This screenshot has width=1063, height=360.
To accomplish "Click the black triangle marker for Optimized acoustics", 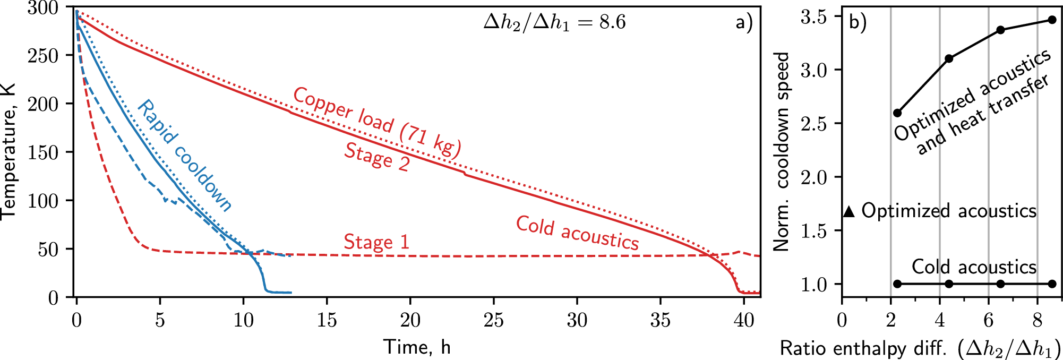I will [849, 211].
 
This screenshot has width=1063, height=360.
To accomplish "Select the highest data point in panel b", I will [1052, 20].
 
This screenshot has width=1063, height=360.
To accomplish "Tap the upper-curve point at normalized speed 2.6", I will [897, 113].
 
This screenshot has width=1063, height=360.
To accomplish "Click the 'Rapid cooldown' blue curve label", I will [184, 156].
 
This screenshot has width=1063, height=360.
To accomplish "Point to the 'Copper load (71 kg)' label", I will [377, 123].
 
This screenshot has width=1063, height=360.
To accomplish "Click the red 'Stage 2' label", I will [377, 157].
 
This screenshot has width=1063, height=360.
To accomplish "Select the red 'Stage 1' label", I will [376, 242].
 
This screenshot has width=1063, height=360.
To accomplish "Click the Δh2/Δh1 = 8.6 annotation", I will [554, 23].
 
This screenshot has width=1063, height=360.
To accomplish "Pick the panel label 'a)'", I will [744, 22].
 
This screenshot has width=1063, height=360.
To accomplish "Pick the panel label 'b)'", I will [858, 22].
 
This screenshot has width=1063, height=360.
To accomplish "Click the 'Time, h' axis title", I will [417, 347].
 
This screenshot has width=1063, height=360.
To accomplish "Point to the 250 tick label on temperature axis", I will [42, 56].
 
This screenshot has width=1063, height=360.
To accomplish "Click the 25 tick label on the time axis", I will [493, 320].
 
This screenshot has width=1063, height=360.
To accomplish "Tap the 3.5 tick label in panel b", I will [813, 17].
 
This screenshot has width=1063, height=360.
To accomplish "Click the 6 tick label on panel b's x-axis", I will [988, 320].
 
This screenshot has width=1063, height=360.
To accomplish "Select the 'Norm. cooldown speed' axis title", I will [781, 151].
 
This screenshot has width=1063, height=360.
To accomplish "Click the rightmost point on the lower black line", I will [1052, 284].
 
